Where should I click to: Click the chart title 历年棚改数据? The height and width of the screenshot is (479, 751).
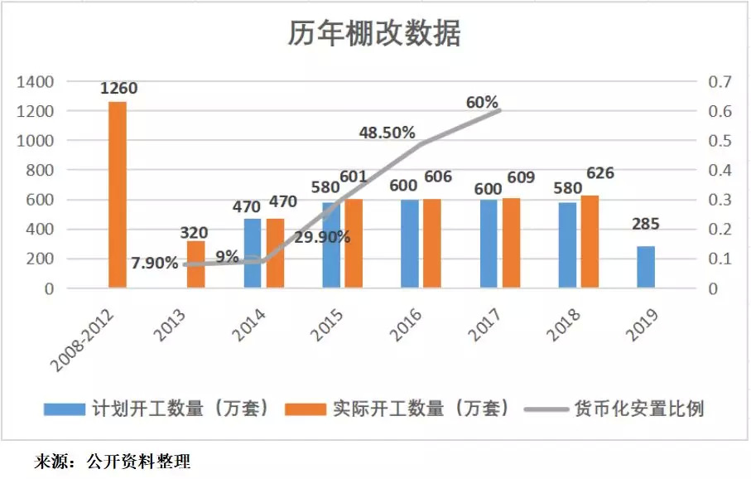(374, 35)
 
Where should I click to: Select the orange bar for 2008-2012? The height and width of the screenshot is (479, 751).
(118, 195)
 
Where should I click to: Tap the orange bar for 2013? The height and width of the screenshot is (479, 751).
(195, 264)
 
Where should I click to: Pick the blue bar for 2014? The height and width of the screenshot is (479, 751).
(253, 254)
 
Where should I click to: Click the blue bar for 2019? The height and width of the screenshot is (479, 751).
(645, 267)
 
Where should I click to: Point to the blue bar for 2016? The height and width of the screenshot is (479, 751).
(409, 244)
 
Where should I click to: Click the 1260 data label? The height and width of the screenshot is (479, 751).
(118, 89)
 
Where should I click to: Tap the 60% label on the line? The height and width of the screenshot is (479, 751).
(482, 103)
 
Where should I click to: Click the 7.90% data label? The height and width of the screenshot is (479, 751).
(154, 264)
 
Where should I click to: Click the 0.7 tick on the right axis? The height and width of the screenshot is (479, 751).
(717, 82)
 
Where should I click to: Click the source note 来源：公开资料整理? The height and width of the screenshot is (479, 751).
(112, 462)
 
